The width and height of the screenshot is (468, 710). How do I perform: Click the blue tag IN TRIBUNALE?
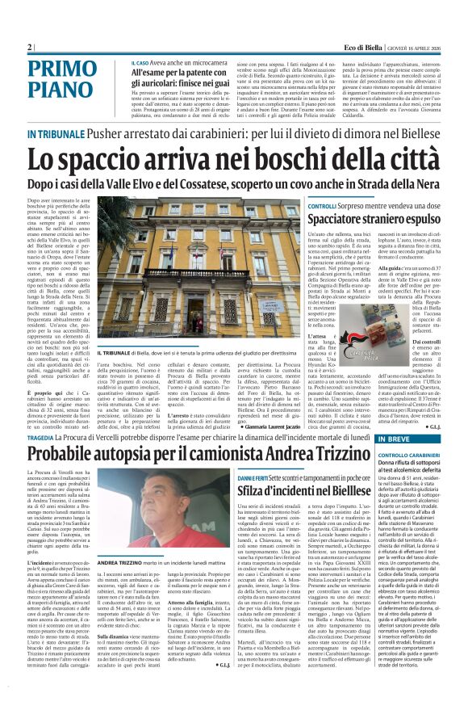[53, 134]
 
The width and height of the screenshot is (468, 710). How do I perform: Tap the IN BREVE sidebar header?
[399, 439]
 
